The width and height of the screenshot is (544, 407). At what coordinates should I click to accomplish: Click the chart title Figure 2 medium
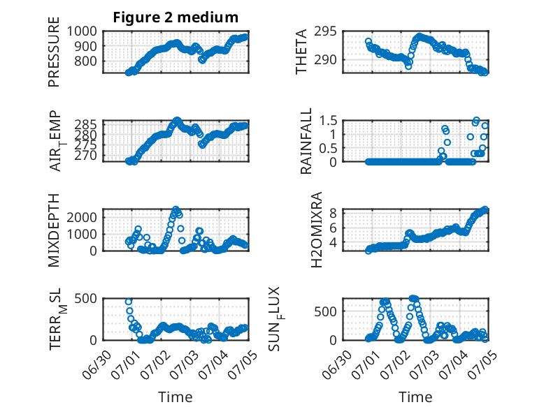point(176,17)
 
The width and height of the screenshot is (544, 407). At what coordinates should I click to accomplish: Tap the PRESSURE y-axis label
point(54,52)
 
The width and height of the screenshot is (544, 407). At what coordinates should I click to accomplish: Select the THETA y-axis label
point(301,52)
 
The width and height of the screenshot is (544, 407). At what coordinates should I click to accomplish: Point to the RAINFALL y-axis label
point(306,140)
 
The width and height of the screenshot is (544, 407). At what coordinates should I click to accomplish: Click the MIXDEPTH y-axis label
point(54,230)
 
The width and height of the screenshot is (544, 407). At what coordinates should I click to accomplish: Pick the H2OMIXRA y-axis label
point(317,230)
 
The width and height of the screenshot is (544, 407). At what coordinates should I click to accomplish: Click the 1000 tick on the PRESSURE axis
point(82,31)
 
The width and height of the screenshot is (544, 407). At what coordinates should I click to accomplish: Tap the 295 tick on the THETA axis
point(325,31)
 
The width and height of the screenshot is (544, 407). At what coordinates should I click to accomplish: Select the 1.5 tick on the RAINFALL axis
point(328,121)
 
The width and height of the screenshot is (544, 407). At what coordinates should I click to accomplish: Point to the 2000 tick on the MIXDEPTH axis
point(82,218)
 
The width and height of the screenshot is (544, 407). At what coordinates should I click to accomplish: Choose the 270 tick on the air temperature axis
point(86,156)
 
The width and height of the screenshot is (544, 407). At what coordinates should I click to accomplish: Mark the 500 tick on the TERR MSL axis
point(86,298)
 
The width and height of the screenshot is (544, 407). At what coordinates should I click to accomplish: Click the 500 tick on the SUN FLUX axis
point(325,311)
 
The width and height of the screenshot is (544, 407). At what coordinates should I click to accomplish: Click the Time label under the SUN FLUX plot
point(415,397)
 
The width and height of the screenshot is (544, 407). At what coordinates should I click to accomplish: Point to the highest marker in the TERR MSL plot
point(129,302)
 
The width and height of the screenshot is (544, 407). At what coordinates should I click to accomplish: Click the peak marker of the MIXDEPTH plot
point(176,209)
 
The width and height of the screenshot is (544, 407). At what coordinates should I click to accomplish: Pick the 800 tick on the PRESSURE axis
point(86,61)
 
